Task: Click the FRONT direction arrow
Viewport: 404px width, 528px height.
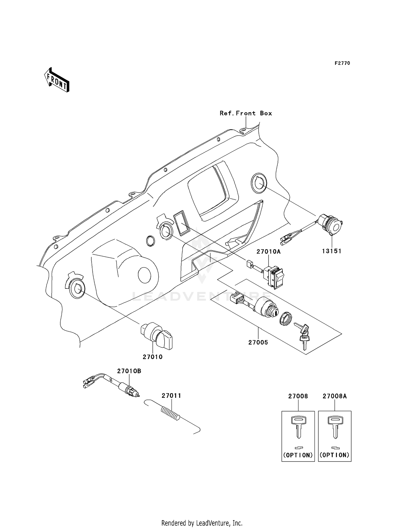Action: [57, 80]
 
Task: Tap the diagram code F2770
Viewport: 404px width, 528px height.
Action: [342, 63]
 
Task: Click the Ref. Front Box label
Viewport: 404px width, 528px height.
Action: [246, 113]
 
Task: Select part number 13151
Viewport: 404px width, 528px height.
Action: [332, 251]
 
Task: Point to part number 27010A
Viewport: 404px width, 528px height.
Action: [268, 252]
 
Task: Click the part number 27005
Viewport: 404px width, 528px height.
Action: [258, 342]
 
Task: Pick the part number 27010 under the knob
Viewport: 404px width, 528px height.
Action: [152, 357]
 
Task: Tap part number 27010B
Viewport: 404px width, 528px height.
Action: [129, 371]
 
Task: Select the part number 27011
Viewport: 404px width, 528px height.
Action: [171, 396]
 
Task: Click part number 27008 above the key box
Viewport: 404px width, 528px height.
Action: [298, 396]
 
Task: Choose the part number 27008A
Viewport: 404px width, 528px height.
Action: [335, 396]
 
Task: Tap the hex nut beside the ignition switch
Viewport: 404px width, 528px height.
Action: [287, 320]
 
